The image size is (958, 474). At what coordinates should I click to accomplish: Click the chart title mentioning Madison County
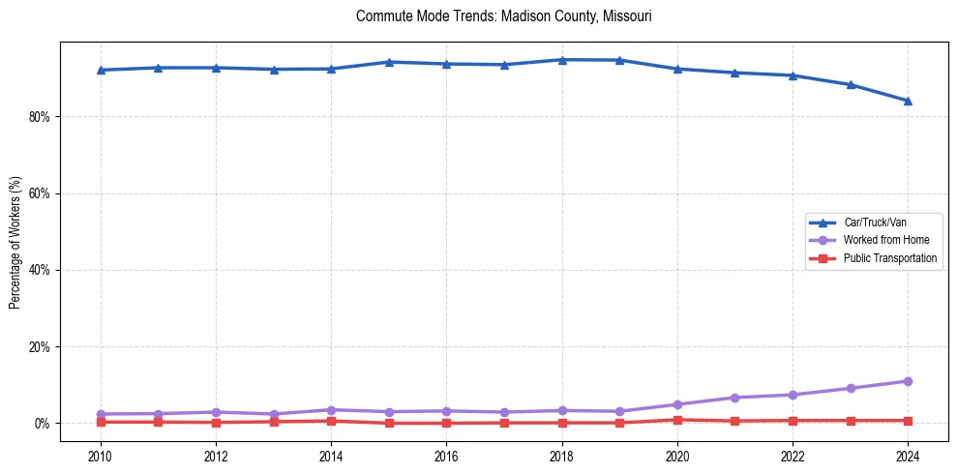tap(496, 16)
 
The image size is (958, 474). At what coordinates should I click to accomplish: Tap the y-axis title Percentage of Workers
tap(15, 243)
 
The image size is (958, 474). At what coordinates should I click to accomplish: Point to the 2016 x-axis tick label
tap(446, 456)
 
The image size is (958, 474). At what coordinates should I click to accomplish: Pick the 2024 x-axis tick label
tap(908, 456)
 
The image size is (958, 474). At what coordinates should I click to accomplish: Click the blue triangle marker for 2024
tap(908, 101)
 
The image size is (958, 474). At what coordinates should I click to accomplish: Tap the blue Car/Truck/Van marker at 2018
tap(561, 60)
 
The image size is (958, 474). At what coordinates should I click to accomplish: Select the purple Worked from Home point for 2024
tap(908, 381)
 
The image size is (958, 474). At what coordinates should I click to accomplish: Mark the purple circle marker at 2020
tap(677, 404)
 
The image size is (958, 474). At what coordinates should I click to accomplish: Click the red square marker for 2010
tap(101, 422)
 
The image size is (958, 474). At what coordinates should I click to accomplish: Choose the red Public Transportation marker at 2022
tap(793, 421)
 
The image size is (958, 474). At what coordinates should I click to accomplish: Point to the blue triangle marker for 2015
tap(389, 62)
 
